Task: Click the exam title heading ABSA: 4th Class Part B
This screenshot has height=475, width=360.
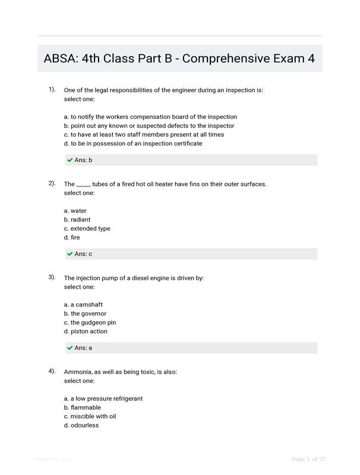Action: coord(179,59)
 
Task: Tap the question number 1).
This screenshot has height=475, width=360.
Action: coord(52,89)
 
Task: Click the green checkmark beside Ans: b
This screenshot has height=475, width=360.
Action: coord(70,160)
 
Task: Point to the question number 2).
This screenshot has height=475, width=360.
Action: coord(52,183)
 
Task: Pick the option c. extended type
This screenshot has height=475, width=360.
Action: coord(87,229)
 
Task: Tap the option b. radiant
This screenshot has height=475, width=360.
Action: coord(77,220)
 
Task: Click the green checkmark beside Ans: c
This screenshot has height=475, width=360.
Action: coord(70,254)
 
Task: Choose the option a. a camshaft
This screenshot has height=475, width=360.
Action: coord(83,305)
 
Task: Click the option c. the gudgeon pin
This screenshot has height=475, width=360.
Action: coord(90,322)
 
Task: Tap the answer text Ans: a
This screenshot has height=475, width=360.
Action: coord(83,348)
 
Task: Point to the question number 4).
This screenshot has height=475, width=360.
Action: coord(52,371)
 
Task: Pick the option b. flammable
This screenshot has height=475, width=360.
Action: coord(83,407)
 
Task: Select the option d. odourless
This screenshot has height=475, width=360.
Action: coord(81,425)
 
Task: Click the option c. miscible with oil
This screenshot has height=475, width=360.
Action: coord(90,416)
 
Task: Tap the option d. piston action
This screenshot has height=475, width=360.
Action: coord(86,331)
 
